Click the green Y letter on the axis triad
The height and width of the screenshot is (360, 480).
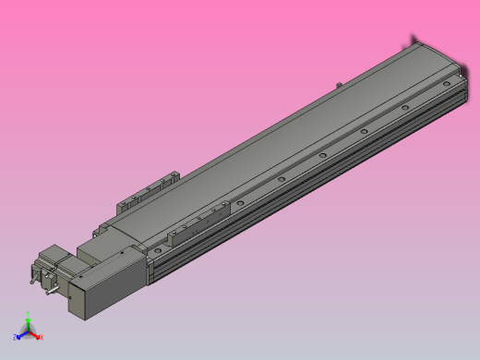[29, 314]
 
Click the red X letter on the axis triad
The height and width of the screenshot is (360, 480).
[42, 337]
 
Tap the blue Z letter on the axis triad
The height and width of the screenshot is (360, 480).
[15, 338]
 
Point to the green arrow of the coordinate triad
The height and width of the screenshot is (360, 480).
[29, 323]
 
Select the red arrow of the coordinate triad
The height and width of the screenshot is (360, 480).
[35, 334]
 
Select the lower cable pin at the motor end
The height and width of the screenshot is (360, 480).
[51, 291]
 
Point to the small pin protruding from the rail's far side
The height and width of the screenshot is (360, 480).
[340, 85]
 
